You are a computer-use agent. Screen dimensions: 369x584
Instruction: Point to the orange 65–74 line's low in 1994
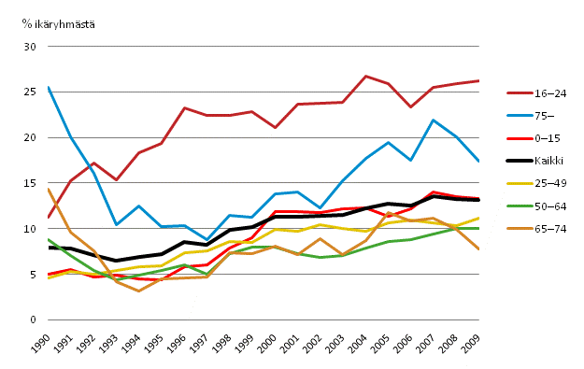[138, 291]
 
